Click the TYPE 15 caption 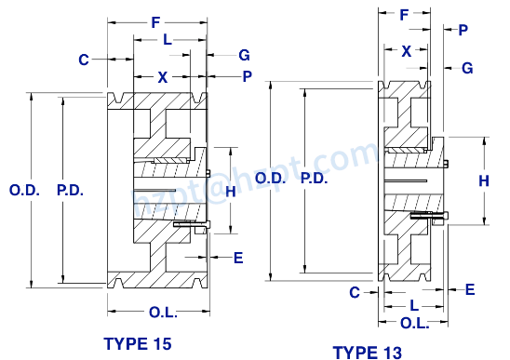[x=138, y=343]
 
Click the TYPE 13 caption [x=368, y=353]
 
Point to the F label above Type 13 [x=404, y=15]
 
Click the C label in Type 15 [x=84, y=60]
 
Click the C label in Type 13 [x=355, y=292]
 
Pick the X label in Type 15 [x=163, y=78]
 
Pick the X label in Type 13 [x=406, y=52]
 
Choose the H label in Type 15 [x=229, y=191]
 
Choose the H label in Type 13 [x=484, y=181]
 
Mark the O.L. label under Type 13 [x=414, y=322]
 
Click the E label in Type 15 [x=238, y=258]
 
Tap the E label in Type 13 [x=470, y=290]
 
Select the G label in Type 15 [x=244, y=56]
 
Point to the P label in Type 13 [x=463, y=30]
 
